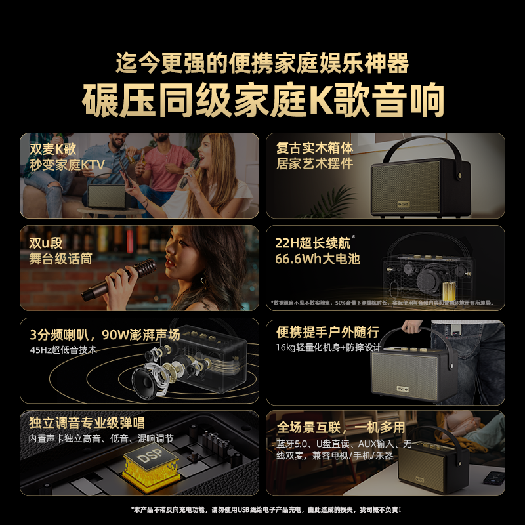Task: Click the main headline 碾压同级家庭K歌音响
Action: (262, 100)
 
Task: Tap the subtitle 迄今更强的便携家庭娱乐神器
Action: (262, 64)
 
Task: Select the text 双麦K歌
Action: (53, 148)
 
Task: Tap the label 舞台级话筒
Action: (60, 259)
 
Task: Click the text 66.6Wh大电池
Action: (318, 259)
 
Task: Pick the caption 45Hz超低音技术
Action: (63, 350)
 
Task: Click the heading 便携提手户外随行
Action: (327, 333)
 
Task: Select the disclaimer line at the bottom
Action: (262, 510)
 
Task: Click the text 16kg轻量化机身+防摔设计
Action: (328, 348)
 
